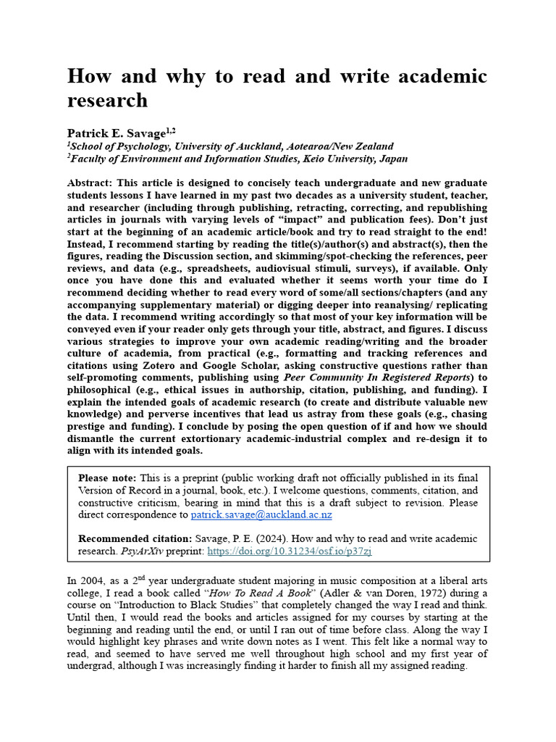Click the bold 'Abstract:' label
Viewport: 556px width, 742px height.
click(92, 183)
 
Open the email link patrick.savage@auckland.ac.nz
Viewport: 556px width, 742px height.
click(261, 515)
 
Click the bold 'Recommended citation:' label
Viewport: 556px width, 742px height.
click(135, 538)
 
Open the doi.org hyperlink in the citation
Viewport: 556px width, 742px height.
click(290, 551)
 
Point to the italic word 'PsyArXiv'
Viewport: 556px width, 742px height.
click(139, 551)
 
